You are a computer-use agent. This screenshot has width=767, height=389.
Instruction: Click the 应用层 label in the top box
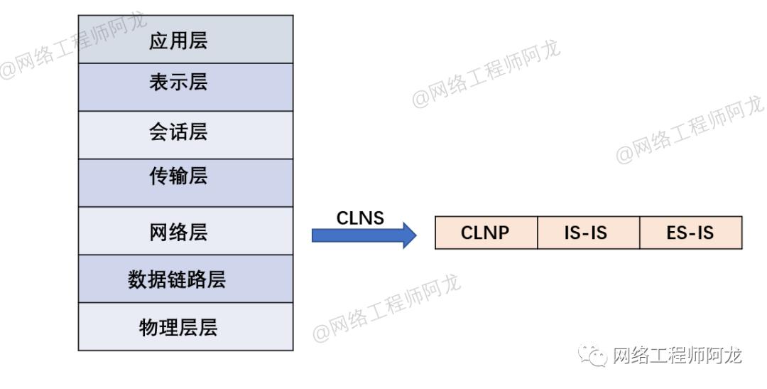coord(178,41)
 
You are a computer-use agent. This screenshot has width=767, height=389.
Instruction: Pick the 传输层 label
coord(178,176)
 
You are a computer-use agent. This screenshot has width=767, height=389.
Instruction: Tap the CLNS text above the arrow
coord(360,218)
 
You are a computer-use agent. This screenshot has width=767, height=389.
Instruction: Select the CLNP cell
coord(486,233)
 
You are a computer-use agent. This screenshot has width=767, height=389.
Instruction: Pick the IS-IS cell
coord(588,233)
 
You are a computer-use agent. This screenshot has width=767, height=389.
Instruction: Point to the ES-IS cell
coord(690,233)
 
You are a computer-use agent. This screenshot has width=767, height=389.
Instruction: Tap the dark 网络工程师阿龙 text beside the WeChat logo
coord(676,355)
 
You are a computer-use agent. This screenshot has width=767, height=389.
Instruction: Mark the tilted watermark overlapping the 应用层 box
coord(71,43)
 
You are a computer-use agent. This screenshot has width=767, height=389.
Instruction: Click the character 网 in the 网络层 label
coord(158,232)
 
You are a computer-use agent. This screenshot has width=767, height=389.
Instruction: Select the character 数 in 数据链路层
coord(137,279)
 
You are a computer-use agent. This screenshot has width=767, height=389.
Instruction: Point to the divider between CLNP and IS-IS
coord(538,233)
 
